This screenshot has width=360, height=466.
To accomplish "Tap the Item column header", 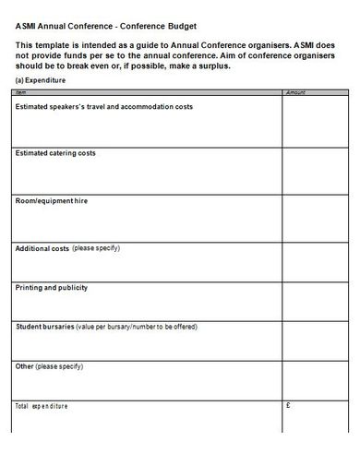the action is [x=22, y=92].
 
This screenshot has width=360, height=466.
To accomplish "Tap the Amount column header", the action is [x=295, y=92].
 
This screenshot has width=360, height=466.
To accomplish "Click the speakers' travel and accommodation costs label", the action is [x=103, y=107].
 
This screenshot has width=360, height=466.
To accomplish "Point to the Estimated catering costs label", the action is [x=55, y=152].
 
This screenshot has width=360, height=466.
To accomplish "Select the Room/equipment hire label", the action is [x=54, y=198].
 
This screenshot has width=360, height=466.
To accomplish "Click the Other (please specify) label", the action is [x=56, y=366].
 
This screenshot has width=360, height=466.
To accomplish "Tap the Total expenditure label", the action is [x=42, y=406].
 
